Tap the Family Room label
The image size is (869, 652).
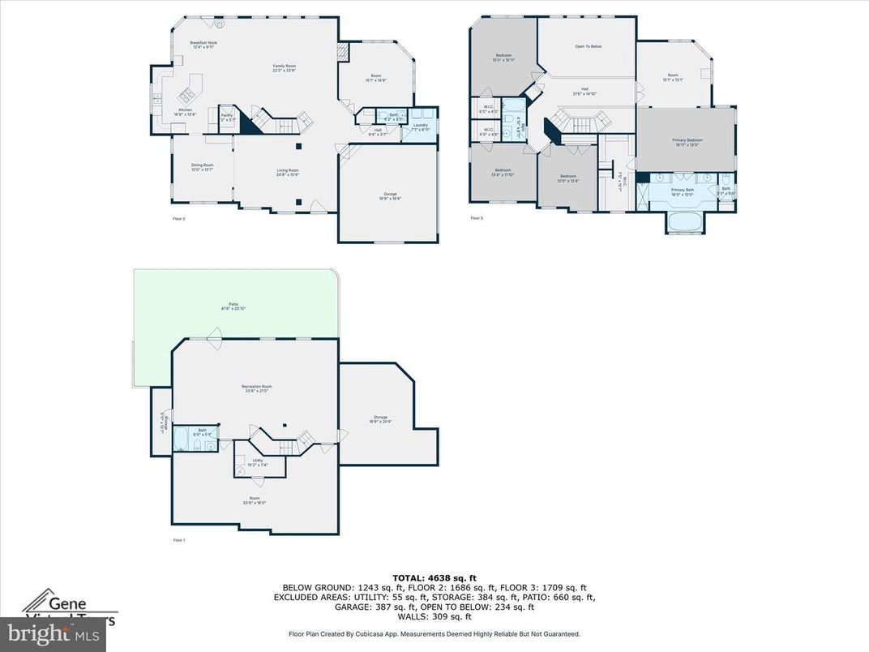point(284,67)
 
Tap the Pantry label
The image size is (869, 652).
point(227,118)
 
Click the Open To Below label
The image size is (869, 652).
point(588,47)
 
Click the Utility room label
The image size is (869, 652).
point(257,462)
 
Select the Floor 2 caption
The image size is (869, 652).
point(179,219)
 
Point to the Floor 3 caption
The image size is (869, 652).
point(477,218)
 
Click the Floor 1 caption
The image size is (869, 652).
point(179,539)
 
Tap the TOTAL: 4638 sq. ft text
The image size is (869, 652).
point(434,577)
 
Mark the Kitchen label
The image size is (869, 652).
point(186,113)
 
